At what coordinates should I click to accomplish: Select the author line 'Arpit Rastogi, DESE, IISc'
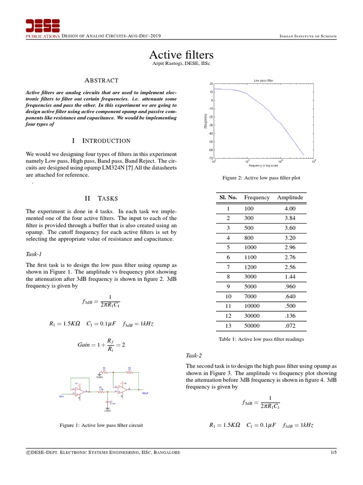(x=181, y=64)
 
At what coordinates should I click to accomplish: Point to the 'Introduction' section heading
(x=101, y=141)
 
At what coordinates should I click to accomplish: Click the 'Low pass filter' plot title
(x=263, y=81)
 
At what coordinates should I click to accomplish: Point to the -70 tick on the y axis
(x=211, y=158)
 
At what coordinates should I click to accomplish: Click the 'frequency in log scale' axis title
(x=264, y=165)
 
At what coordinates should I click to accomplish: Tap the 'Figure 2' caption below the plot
(x=261, y=178)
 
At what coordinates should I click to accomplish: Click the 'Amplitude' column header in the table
(x=290, y=198)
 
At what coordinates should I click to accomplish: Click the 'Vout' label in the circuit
(x=145, y=393)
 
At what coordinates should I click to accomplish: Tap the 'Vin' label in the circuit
(x=61, y=396)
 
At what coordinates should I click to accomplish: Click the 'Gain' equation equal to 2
(x=101, y=345)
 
